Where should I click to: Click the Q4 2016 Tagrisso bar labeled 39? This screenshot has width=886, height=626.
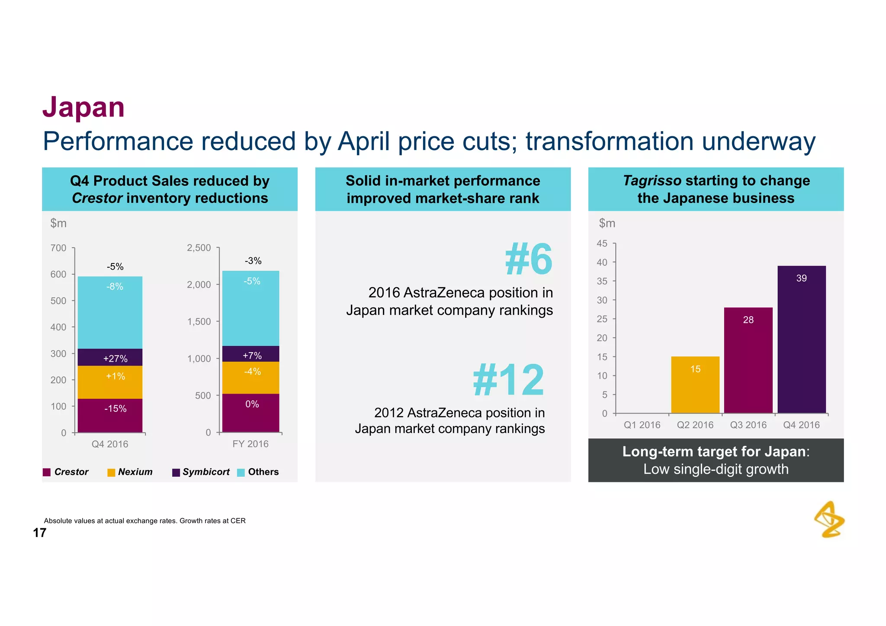click(x=801, y=340)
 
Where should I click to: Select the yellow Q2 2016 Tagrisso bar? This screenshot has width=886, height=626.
click(x=695, y=385)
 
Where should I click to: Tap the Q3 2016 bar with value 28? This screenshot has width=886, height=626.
click(x=748, y=360)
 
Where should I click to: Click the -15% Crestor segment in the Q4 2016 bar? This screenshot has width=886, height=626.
click(x=110, y=415)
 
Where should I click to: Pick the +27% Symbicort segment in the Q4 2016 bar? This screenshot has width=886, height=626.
click(x=110, y=357)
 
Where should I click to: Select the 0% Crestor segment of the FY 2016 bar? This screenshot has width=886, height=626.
click(x=250, y=413)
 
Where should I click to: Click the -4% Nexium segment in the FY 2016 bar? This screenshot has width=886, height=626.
click(x=250, y=378)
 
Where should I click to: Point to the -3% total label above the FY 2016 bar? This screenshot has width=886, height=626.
click(x=253, y=261)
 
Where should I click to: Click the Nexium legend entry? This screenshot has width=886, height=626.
click(x=130, y=472)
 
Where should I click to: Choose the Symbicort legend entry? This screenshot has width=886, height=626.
click(x=201, y=472)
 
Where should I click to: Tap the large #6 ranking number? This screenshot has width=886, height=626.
click(x=528, y=259)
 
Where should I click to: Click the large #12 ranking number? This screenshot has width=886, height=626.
click(x=508, y=380)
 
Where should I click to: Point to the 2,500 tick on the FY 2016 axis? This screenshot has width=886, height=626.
click(x=199, y=248)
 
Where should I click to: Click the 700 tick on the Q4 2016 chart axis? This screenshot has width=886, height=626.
click(x=58, y=248)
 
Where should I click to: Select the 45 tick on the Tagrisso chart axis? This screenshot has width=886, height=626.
click(x=602, y=244)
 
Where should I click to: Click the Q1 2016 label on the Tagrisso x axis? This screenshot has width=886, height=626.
click(x=642, y=425)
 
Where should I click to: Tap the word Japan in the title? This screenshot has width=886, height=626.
click(x=83, y=107)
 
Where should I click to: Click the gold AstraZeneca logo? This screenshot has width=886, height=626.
click(x=829, y=520)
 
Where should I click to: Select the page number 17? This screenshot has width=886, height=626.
click(x=39, y=533)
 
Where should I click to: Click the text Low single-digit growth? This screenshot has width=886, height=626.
click(x=716, y=469)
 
